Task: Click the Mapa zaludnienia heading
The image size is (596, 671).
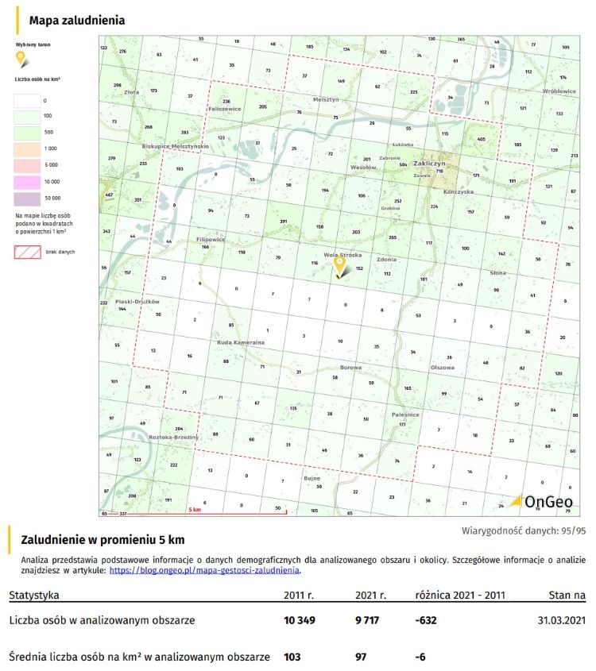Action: pyautogui.click(x=76, y=21)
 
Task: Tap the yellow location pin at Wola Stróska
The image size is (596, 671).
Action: pyautogui.click(x=339, y=265)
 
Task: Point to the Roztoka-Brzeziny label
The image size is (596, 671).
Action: pyautogui.click(x=172, y=436)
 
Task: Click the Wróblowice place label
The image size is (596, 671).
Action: pyautogui.click(x=559, y=91)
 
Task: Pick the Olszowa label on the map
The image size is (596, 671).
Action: pyautogui.click(x=442, y=368)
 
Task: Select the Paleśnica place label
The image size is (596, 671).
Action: pyautogui.click(x=405, y=415)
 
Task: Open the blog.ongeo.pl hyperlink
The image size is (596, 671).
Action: pyautogui.click(x=204, y=569)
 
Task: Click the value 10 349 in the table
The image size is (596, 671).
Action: pyautogui.click(x=300, y=619)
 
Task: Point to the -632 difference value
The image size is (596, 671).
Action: pyautogui.click(x=426, y=619)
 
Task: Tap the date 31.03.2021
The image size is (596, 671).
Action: pyautogui.click(x=559, y=619)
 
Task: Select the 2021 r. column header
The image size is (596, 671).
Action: pyautogui.click(x=371, y=595)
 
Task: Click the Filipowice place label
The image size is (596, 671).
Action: pyautogui.click(x=211, y=239)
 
